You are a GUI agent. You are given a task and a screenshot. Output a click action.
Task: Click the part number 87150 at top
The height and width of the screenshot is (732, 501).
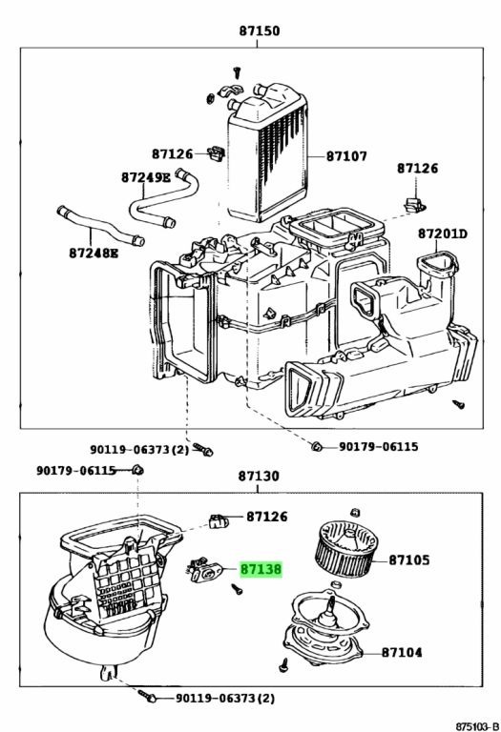pyautogui.click(x=260, y=30)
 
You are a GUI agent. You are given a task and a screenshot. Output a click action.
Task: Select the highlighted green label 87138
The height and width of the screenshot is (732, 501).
pyautogui.click(x=261, y=570)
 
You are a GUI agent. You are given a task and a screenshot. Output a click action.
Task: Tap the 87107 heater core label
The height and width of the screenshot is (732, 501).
pyautogui.click(x=346, y=155)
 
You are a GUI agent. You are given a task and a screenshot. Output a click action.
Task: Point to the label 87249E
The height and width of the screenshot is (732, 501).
pyautogui.click(x=146, y=177)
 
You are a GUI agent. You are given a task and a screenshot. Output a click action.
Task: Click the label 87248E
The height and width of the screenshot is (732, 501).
pyautogui.click(x=94, y=253)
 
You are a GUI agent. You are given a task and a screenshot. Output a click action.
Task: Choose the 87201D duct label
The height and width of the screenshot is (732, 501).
pyautogui.click(x=443, y=233)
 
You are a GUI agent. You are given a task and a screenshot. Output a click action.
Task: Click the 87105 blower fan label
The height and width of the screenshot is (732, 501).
pyautogui.click(x=409, y=559)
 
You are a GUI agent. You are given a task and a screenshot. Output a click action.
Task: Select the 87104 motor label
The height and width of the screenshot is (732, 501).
pyautogui.click(x=402, y=652)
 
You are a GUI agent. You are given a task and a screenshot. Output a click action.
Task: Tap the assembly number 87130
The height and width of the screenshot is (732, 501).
pyautogui.click(x=259, y=476)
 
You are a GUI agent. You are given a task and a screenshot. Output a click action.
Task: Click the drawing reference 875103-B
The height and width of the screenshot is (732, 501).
pyautogui.click(x=477, y=726)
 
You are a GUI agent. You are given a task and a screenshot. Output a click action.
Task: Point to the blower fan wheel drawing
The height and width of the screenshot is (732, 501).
pyautogui.click(x=346, y=549)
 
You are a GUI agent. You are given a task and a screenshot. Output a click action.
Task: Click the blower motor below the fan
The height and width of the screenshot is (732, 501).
pyautogui.click(x=324, y=628)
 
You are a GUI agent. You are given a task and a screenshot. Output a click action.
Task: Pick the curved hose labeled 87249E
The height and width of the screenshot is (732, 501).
pyautogui.click(x=163, y=198)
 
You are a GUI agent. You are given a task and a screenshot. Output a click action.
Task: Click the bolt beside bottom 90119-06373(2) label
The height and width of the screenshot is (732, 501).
pyautogui.click(x=147, y=696)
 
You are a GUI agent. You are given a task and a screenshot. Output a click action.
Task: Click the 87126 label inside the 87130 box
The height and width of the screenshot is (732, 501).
pyautogui.click(x=267, y=517)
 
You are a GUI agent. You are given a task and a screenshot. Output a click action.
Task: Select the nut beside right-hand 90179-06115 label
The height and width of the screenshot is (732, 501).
pyautogui.click(x=317, y=446)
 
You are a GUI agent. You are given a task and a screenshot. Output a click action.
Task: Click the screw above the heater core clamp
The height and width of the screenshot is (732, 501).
pyautogui.click(x=238, y=73)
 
